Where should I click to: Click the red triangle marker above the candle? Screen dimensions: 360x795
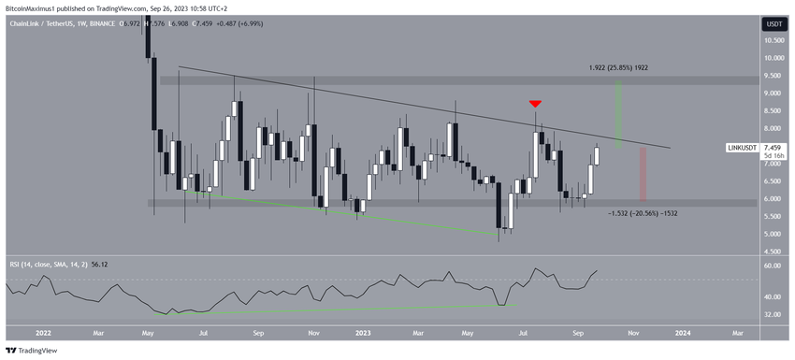535,103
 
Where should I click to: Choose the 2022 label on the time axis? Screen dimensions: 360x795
41,331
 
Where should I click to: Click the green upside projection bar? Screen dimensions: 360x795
618,113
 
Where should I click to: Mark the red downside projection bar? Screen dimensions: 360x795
643,174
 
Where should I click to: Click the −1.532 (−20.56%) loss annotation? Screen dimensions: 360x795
630,213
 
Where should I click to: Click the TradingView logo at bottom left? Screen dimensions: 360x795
34,351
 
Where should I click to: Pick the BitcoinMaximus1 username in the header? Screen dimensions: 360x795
37,6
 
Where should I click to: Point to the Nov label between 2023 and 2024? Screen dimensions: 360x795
632,331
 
